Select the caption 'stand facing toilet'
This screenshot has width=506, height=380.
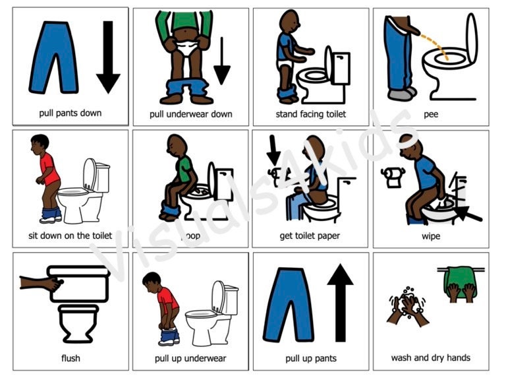tap(311, 114)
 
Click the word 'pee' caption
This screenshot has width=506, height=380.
tap(431, 114)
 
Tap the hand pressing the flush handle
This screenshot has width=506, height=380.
tap(42, 282)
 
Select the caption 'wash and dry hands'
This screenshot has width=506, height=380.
tap(431, 358)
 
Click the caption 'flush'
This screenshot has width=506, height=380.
tap(71, 358)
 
